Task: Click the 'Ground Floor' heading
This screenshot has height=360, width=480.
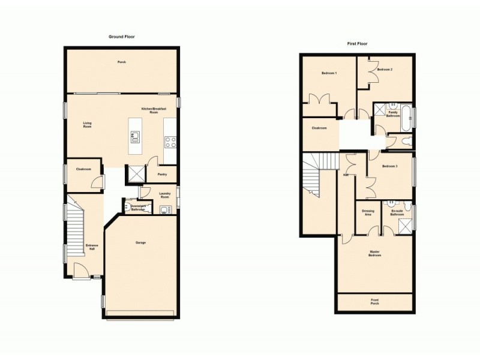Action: (x=122, y=37)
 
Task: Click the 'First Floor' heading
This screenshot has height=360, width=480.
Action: (x=358, y=44)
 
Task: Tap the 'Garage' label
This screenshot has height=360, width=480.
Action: (x=141, y=242)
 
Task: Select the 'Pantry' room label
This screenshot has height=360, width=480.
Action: (x=162, y=175)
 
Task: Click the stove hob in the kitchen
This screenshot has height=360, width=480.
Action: (x=170, y=142)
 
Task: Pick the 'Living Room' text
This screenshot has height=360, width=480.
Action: (x=87, y=125)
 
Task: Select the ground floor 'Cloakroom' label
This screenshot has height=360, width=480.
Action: (x=83, y=169)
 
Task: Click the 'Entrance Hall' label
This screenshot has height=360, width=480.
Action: (x=91, y=247)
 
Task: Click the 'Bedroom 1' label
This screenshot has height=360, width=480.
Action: (x=329, y=73)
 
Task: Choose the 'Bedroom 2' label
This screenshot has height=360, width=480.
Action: (x=385, y=70)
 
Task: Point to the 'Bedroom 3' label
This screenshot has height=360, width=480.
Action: (x=389, y=166)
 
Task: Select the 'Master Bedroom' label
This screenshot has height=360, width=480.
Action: (x=375, y=253)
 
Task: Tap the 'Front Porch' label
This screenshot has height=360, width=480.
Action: (x=375, y=302)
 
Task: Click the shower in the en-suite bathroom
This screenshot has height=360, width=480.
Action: (x=404, y=226)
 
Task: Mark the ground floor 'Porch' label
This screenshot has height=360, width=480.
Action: (x=122, y=62)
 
